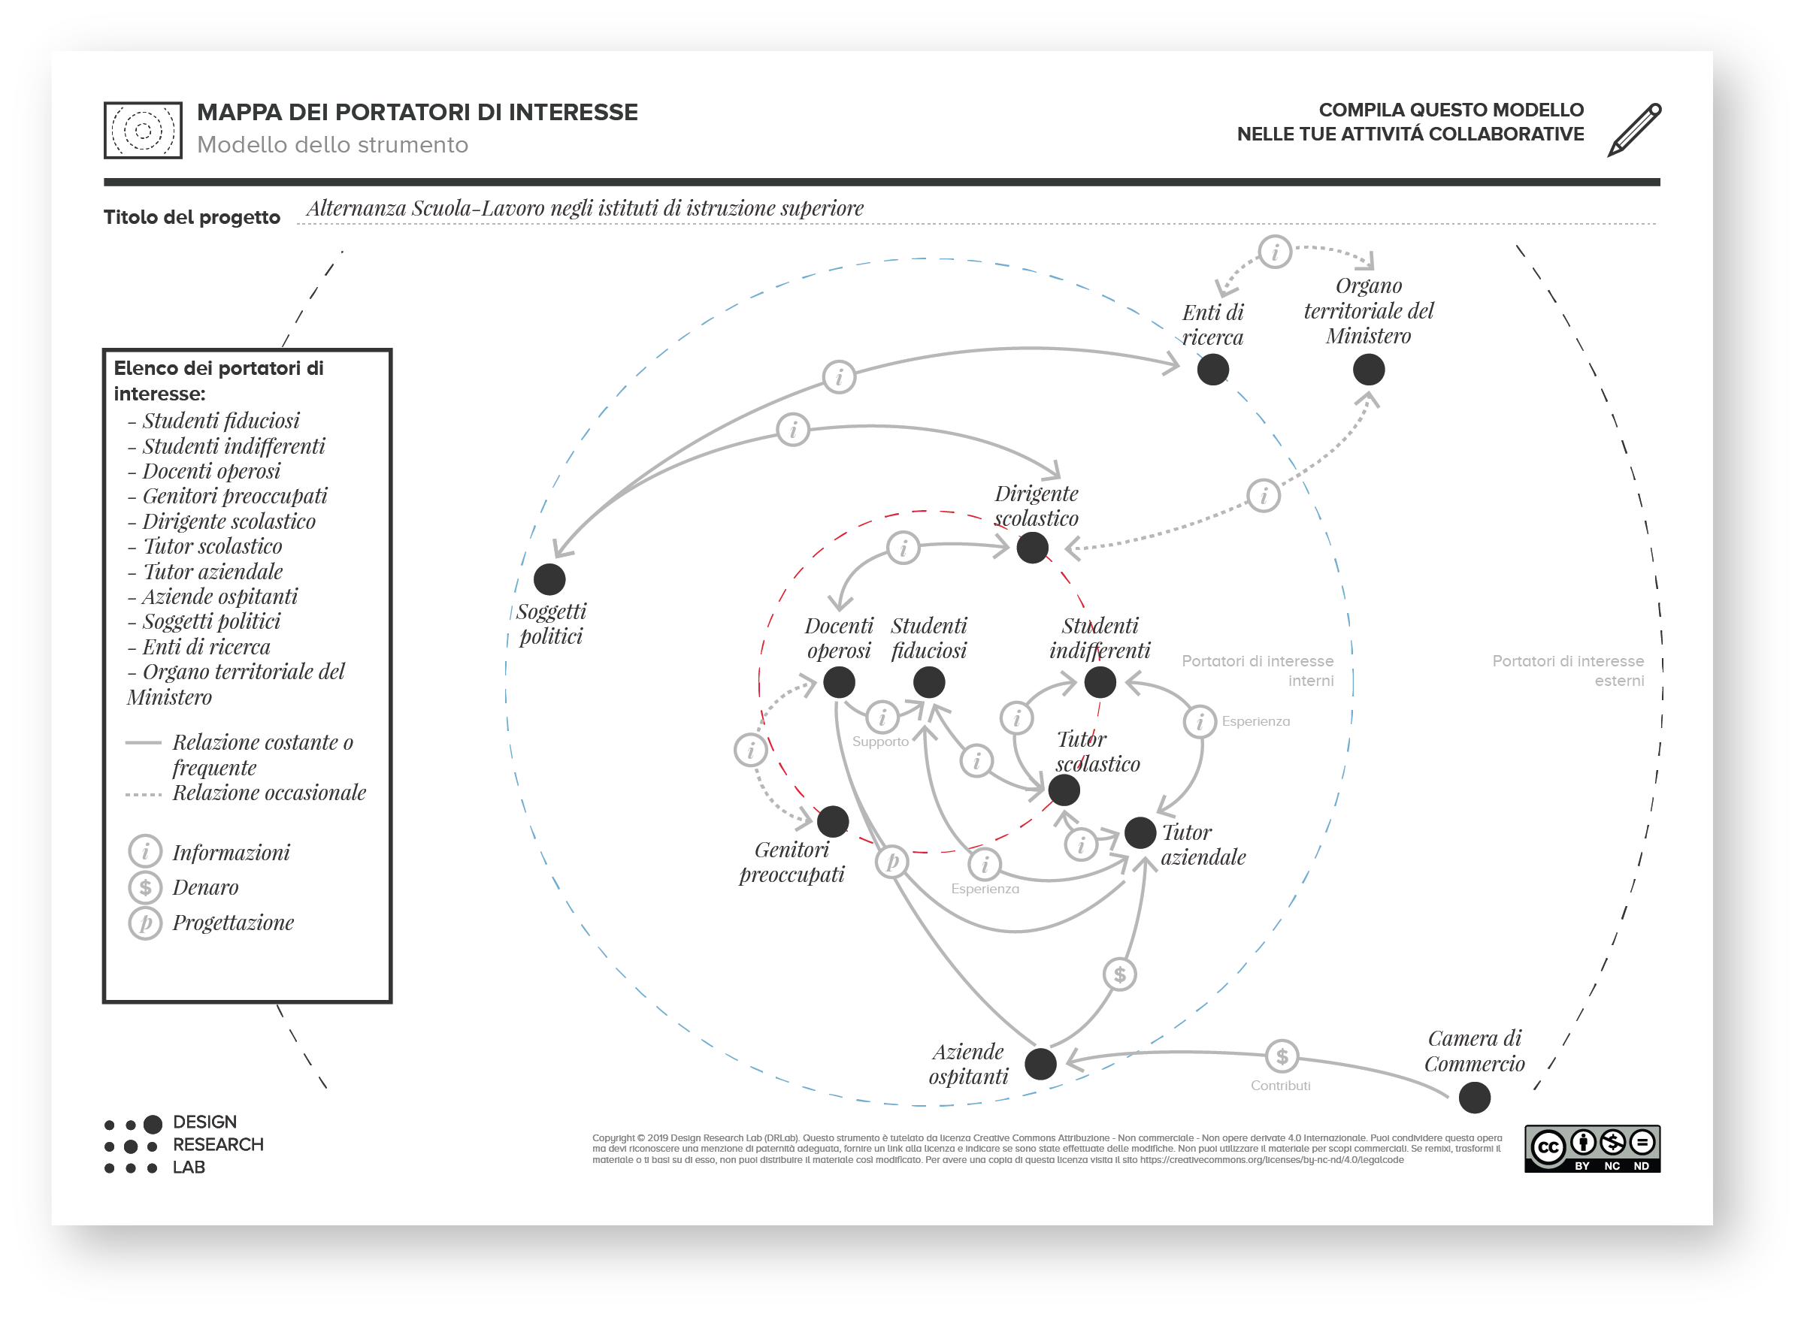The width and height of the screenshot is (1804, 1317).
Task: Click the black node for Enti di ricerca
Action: pos(1212,370)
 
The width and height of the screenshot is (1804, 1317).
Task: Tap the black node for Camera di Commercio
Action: pos(1474,1098)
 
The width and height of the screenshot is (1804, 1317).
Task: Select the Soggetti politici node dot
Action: pos(549,579)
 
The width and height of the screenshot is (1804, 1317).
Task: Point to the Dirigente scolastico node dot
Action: pos(1032,548)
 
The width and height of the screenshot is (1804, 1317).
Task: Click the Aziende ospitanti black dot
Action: pos(1040,1064)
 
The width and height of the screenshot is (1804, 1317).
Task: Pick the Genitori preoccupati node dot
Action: pos(833,822)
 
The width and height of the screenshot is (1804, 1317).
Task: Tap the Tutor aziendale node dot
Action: pos(1140,833)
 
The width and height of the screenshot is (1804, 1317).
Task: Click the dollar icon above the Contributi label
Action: pos(1282,1057)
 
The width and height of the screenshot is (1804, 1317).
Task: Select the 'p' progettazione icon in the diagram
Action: pos(891,862)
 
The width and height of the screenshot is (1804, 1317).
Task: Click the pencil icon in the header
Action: pos(1634,129)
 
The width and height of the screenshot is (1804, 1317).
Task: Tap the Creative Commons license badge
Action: pos(1592,1149)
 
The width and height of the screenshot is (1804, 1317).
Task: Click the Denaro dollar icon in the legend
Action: pos(145,887)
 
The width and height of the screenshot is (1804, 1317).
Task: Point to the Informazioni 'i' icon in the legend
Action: pos(145,851)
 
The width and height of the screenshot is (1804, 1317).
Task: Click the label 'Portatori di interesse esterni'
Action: pos(1567,670)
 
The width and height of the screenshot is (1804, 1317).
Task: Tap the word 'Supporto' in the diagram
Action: pos(880,742)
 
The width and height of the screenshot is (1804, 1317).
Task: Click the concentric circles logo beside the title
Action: pos(143,130)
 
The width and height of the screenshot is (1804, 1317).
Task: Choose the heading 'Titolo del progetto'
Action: pos(192,218)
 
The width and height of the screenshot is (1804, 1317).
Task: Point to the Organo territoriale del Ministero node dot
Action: pos(1369,370)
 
